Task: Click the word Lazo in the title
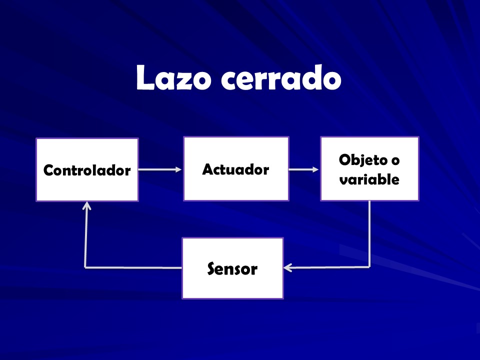tap(173, 78)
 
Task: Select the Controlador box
tap(87, 169)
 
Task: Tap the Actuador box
tap(236, 168)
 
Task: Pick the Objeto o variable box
tap(369, 168)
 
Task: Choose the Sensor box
tap(232, 268)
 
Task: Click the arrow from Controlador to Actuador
tap(160, 169)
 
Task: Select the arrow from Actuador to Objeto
tap(303, 169)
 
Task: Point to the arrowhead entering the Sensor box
tap(288, 268)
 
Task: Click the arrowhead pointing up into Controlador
tap(87, 205)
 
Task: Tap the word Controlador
tap(87, 170)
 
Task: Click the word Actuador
tap(235, 169)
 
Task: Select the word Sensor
tap(232, 269)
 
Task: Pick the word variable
tap(369, 179)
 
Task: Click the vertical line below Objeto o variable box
tap(369, 234)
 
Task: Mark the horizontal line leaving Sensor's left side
tap(133, 267)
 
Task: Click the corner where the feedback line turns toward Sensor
tap(369, 267)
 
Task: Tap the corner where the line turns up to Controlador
tap(85, 267)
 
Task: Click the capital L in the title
tap(145, 77)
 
